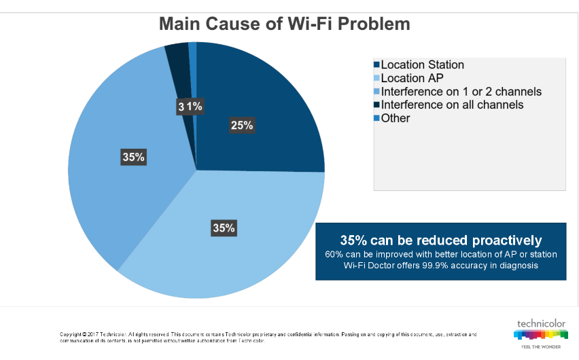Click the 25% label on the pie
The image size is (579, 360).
pyautogui.click(x=242, y=125)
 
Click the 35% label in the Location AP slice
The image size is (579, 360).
pyautogui.click(x=224, y=228)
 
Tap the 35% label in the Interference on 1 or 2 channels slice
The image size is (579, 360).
pyautogui.click(x=133, y=157)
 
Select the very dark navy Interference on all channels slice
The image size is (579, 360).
pyautogui.click(x=180, y=74)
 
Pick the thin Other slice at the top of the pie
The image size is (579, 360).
pyautogui.click(x=193, y=74)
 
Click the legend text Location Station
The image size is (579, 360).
pyautogui.click(x=423, y=65)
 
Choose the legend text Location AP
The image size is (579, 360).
pyautogui.click(x=412, y=78)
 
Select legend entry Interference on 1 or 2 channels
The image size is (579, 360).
pyautogui.click(x=461, y=92)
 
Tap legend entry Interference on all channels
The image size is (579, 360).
pyautogui.click(x=452, y=105)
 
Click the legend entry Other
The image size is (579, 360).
pyautogui.click(x=395, y=118)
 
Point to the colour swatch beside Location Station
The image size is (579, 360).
pyautogui.click(x=376, y=65)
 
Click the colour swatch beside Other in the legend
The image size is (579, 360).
pyautogui.click(x=376, y=118)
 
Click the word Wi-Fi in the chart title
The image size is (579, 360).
pyautogui.click(x=310, y=24)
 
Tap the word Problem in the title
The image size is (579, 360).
pyautogui.click(x=374, y=24)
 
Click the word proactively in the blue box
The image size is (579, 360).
pyautogui.click(x=507, y=240)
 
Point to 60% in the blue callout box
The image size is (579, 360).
pyautogui.click(x=334, y=255)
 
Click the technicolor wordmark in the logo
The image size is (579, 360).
pyautogui.click(x=541, y=324)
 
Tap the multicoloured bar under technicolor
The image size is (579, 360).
pyautogui.click(x=540, y=335)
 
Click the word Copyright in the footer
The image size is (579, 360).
pyautogui.click(x=70, y=334)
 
